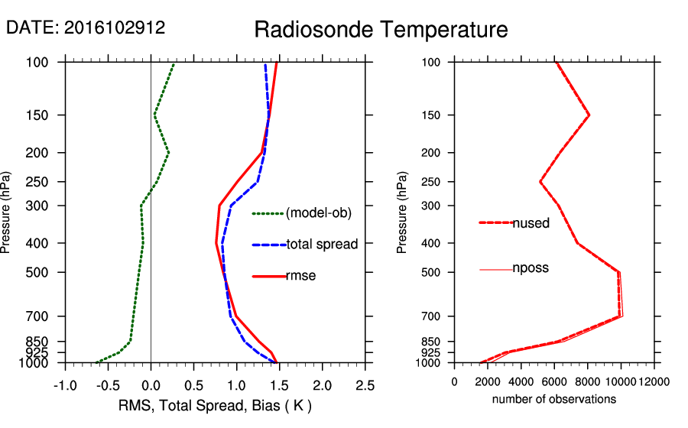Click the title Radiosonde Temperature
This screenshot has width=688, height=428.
(x=381, y=30)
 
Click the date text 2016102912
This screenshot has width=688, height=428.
(x=114, y=28)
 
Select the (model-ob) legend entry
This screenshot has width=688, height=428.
(x=318, y=213)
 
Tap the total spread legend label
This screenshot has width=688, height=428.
(x=322, y=245)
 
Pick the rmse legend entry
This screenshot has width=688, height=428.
(x=300, y=275)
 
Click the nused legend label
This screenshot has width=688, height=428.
(x=531, y=222)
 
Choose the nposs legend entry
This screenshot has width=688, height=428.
(x=531, y=268)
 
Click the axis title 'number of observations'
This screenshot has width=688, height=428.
(x=554, y=399)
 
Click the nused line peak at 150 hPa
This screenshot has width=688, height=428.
(x=589, y=115)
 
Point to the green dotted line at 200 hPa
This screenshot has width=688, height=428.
(x=168, y=153)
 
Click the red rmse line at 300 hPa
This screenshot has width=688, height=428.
(x=219, y=206)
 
